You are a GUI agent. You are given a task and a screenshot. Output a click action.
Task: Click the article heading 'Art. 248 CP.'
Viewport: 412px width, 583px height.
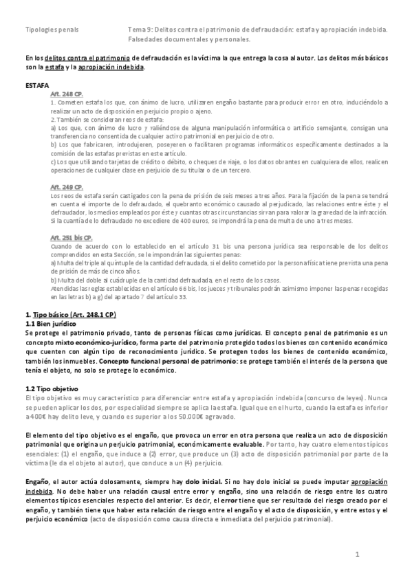[x=66, y=95]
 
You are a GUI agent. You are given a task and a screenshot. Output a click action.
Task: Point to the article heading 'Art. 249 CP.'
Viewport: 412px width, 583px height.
[x=66, y=187]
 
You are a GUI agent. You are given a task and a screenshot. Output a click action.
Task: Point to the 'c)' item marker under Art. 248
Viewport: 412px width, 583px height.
[x=54, y=161]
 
